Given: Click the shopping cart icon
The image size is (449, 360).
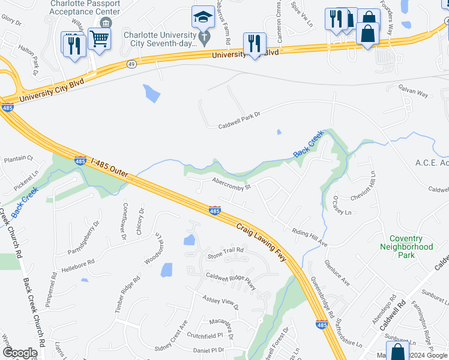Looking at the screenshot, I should [x=98, y=38].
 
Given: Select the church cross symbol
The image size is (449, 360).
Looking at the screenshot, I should [x=204, y=39].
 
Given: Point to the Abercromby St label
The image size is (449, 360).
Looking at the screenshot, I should [x=230, y=182].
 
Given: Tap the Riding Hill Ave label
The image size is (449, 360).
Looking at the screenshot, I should [x=309, y=238].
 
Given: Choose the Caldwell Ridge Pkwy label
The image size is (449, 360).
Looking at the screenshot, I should [x=231, y=281].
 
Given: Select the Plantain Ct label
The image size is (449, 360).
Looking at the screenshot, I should [x=18, y=158].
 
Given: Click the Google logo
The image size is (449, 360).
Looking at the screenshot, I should [x=20, y=352].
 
